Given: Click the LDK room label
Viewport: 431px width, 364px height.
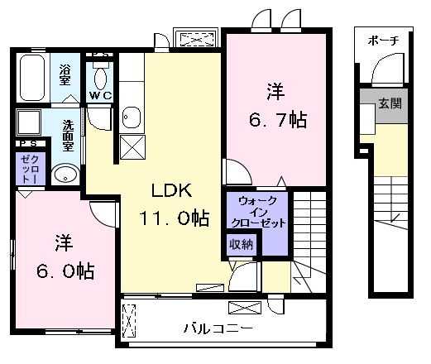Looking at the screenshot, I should click(171, 192).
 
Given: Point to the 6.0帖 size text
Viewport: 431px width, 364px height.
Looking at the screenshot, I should click(63, 270).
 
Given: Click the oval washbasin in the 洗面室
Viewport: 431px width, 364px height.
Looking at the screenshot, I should click(65, 175).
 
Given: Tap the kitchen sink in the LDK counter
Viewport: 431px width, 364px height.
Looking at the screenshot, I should click(132, 117).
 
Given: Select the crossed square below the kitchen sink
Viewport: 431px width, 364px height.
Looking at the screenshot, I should click(132, 147).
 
